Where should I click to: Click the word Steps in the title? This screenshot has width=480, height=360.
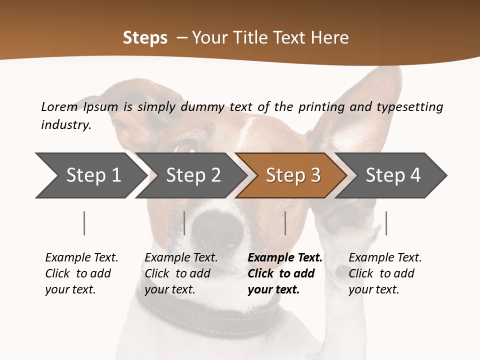point(145,38)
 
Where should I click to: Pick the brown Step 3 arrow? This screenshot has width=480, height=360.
point(292,175)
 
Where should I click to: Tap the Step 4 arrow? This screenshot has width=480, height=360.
point(392,175)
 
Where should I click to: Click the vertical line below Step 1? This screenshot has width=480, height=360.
point(84,223)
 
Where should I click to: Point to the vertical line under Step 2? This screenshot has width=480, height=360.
point(184,223)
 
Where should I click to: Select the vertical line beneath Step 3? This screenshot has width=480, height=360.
point(285,223)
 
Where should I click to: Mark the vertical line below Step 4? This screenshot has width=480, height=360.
point(386,223)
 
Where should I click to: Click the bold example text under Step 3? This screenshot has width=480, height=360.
point(284,273)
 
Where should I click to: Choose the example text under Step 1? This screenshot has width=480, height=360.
point(81,273)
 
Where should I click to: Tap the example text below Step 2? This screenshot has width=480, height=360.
point(181,273)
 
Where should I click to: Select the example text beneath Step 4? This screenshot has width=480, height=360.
point(385,273)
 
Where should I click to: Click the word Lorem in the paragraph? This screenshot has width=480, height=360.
point(59,106)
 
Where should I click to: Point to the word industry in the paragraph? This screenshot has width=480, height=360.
point(65,124)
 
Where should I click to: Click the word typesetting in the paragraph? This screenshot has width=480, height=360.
point(409,107)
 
